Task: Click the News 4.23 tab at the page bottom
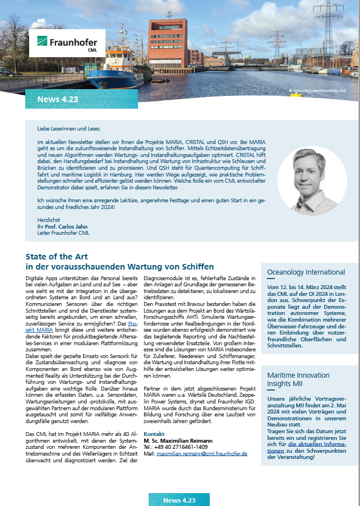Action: click(179, 500)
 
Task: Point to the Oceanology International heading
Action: click(306, 272)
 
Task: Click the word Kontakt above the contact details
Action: click(154, 434)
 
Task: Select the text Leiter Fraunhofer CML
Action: click(63, 232)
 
